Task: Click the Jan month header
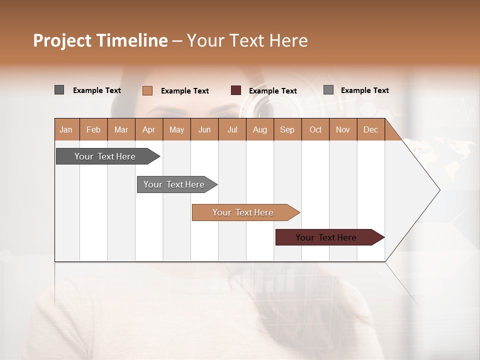[66, 129]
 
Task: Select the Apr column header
[149, 129]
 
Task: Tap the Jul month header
[232, 129]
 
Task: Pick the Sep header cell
[287, 129]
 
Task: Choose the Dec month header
[370, 129]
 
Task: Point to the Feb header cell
[93, 129]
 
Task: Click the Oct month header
[315, 129]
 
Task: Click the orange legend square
[147, 90]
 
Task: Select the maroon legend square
[236, 90]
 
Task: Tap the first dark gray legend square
[59, 90]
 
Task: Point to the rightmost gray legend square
[328, 90]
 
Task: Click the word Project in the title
[62, 40]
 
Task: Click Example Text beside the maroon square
[272, 91]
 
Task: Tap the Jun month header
[204, 129]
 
